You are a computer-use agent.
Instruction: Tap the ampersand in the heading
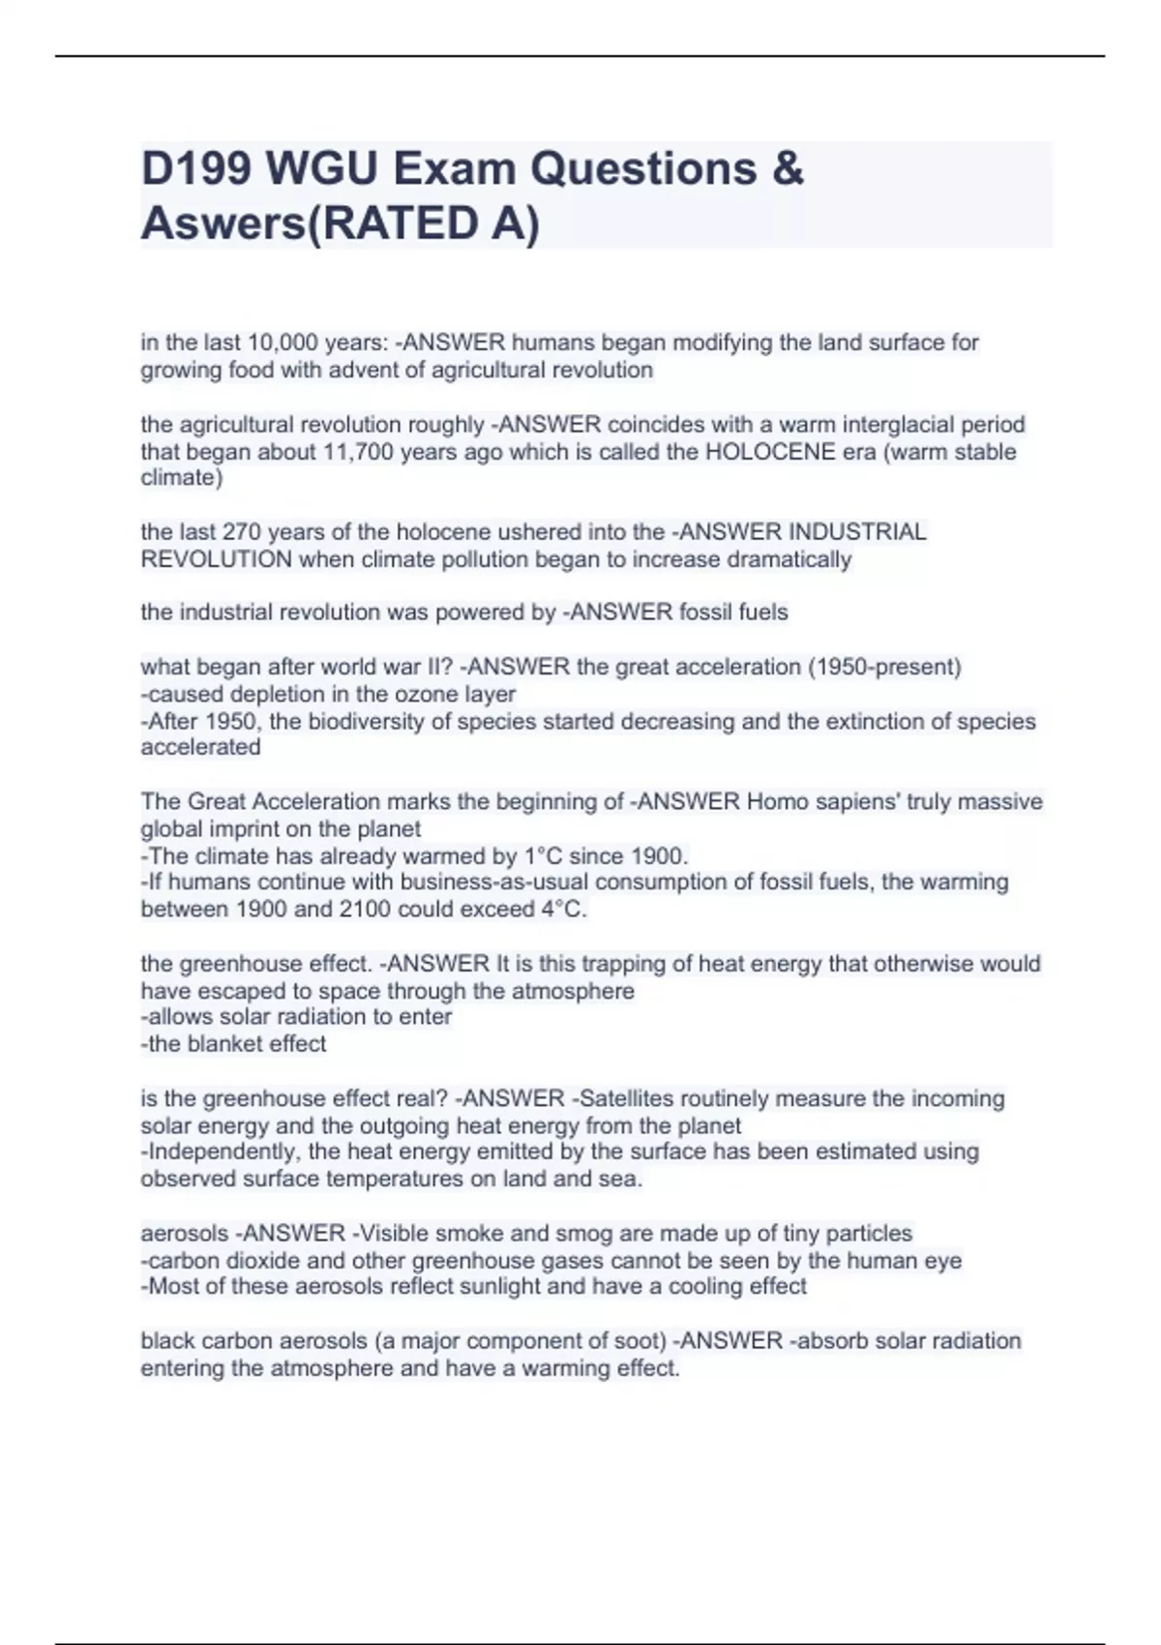click(x=789, y=169)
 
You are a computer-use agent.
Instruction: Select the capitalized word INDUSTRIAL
click(x=858, y=532)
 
